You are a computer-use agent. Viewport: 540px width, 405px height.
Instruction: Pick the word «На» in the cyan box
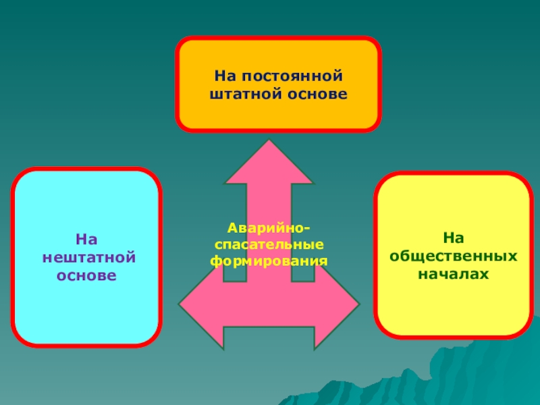click(x=86, y=239)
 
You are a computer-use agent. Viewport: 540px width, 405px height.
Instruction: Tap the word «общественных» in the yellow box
click(x=454, y=257)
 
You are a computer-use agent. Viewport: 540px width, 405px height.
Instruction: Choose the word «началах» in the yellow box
click(x=454, y=275)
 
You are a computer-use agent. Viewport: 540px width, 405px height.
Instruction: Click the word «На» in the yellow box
click(x=454, y=239)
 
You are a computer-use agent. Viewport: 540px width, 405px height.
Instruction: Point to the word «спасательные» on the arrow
click(x=269, y=244)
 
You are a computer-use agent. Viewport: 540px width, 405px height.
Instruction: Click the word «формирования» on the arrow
click(x=269, y=259)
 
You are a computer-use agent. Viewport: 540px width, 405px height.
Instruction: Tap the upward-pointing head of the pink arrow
click(x=269, y=162)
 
